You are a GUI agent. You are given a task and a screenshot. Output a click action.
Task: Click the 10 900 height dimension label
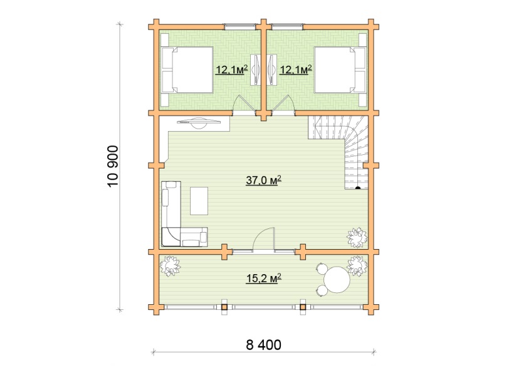[113, 166]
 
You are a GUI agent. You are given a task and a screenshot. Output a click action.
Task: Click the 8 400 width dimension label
[263, 345]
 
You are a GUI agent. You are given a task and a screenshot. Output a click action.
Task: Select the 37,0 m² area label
[263, 180]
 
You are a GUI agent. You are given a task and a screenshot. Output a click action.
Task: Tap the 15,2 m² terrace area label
[264, 279]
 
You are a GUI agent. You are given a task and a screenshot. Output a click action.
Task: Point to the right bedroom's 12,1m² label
[295, 70]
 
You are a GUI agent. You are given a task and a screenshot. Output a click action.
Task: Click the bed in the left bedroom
[187, 70]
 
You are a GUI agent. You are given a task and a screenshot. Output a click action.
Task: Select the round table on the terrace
[336, 280]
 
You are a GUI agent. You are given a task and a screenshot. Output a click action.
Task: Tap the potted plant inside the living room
[357, 237]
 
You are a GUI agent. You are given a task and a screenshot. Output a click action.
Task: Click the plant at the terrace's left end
[170, 266]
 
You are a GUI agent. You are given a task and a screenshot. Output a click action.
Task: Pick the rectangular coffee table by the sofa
[199, 201]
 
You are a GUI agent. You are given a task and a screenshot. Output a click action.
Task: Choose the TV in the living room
[199, 122]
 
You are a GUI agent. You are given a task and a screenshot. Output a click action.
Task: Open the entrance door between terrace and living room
[263, 240]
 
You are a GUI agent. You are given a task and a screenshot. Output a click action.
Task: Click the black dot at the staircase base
[358, 188]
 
